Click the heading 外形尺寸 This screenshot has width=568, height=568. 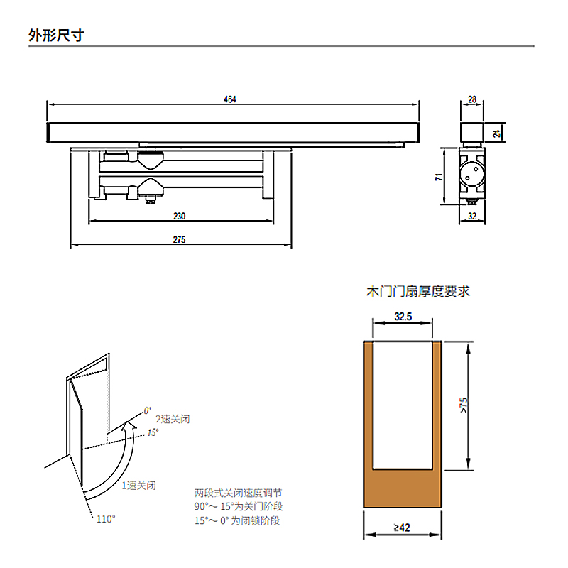56,35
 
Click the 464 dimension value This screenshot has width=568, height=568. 229,99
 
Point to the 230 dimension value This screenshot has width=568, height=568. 179,217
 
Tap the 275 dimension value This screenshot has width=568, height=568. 179,240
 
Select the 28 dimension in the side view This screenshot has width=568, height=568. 472,99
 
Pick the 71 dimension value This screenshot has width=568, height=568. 440,177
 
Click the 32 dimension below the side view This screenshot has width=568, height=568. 472,217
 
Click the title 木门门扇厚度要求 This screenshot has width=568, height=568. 417,290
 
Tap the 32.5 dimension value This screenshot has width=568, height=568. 403,317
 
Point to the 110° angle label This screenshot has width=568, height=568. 106,519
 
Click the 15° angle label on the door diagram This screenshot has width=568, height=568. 153,432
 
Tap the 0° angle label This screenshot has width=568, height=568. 148,410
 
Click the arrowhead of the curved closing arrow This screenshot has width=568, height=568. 129,425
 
